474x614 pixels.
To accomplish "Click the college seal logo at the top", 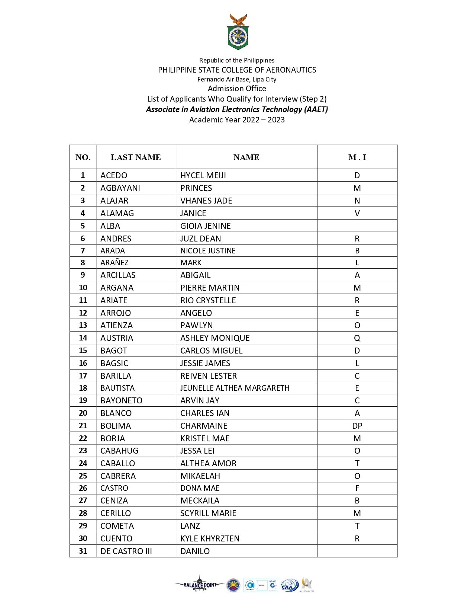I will pos(238,32).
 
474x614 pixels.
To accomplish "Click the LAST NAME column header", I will pos(136,157).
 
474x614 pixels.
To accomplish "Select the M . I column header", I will pos(357,157).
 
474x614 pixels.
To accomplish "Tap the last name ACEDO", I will pos(114,175).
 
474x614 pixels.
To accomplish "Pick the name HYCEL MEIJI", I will pos(203,175).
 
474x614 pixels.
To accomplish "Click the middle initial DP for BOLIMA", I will pos(357,426).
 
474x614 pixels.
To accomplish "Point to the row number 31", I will pos(83,551).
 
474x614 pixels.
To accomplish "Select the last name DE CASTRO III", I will pos(126,551).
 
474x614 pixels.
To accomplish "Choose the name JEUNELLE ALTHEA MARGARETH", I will pos(235,388).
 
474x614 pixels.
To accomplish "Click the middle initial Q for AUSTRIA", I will pos(357,338).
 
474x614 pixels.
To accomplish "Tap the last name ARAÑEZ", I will pos(115,263).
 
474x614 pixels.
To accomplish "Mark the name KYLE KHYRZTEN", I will pos(210,538).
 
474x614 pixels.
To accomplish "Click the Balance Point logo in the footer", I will pos(200,585).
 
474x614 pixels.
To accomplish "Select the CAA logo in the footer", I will pos(289,585).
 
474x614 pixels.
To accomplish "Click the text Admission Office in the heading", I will pos(237,89).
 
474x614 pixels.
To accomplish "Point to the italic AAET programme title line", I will pos(237,109).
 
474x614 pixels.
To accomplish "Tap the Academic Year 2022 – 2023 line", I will pos(237,120).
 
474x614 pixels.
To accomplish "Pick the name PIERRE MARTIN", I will pos(210,288).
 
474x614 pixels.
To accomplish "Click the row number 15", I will pos(83,351).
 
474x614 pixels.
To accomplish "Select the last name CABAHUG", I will pos(119,451).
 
